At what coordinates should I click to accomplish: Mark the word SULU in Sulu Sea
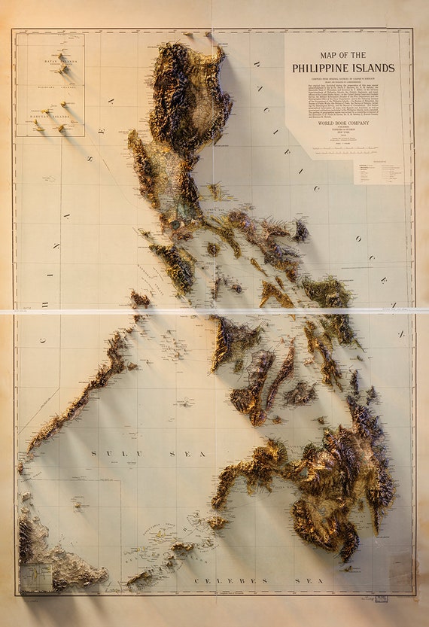[105, 453]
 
